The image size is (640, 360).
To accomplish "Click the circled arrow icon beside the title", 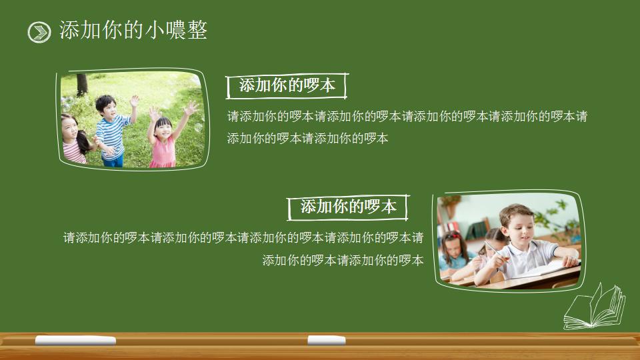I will pyautogui.click(x=39, y=32).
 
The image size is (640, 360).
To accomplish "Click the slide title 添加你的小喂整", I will pyautogui.click(x=133, y=30).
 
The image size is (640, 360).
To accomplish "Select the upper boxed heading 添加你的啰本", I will pyautogui.click(x=287, y=85).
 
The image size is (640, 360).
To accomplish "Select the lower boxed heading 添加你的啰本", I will pyautogui.click(x=348, y=207).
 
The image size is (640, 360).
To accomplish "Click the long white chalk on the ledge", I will pyautogui.click(x=75, y=341).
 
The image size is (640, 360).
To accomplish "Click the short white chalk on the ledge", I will pyautogui.click(x=326, y=340).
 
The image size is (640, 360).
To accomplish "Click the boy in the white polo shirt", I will pyautogui.click(x=527, y=247).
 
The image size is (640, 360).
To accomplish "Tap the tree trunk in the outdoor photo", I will pyautogui.click(x=82, y=84).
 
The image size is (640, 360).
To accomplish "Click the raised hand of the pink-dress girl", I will pyautogui.click(x=191, y=107).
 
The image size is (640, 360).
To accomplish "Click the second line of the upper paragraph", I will pyautogui.click(x=307, y=139).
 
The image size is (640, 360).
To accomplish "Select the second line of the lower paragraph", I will pyautogui.click(x=343, y=260).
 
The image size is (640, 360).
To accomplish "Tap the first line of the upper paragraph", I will pyautogui.click(x=407, y=116).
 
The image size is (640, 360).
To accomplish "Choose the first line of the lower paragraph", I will pyautogui.click(x=243, y=237).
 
